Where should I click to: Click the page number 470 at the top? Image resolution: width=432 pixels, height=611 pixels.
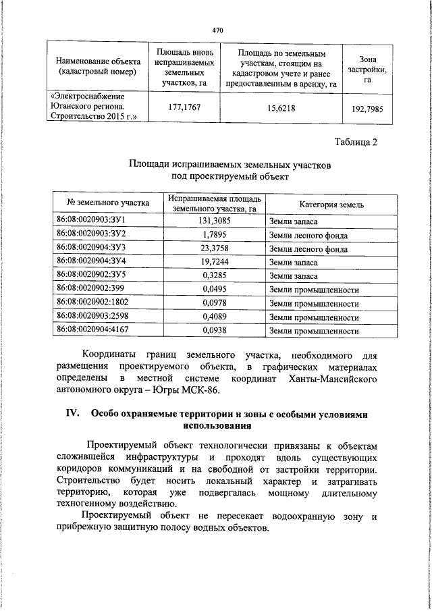coord(217,30)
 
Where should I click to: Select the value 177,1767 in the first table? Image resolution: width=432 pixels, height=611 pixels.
coord(184,107)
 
